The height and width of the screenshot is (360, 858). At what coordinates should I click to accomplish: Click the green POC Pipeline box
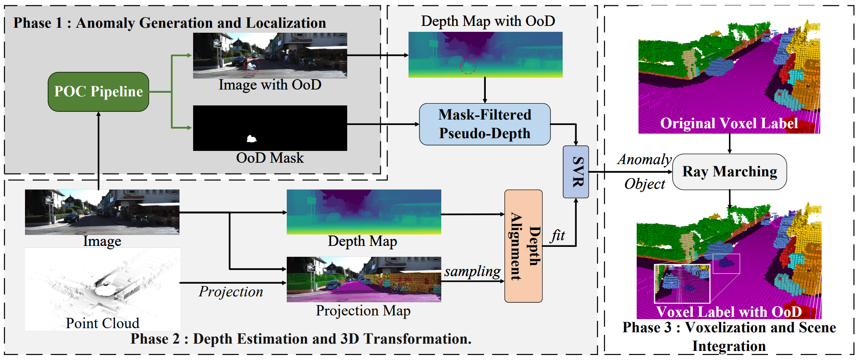click(x=98, y=92)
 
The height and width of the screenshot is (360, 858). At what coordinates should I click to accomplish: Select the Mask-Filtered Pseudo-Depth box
click(x=484, y=124)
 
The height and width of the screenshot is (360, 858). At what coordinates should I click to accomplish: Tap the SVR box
click(x=576, y=172)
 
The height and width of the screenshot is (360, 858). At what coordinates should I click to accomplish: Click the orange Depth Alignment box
click(x=524, y=246)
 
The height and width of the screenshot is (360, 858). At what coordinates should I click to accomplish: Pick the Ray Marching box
click(x=729, y=172)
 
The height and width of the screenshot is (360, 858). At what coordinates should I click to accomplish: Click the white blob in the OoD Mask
click(x=251, y=139)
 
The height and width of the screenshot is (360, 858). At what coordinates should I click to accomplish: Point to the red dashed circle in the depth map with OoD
click(x=468, y=66)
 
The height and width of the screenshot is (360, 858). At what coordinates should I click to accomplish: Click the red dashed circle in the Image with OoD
click(x=251, y=66)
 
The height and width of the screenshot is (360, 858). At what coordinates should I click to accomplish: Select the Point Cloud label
click(x=102, y=323)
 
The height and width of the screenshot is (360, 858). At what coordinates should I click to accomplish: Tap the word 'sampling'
click(x=472, y=271)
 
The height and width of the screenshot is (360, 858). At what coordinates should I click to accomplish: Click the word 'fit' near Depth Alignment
click(x=558, y=235)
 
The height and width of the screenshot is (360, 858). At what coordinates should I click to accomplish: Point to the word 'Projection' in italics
click(x=231, y=292)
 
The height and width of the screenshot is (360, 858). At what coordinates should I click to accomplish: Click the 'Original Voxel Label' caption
click(x=729, y=124)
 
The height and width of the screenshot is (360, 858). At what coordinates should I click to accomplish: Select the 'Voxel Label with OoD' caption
click(x=729, y=312)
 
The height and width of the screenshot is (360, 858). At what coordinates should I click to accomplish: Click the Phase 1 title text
click(x=170, y=23)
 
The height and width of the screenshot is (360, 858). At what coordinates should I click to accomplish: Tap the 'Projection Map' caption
click(x=363, y=311)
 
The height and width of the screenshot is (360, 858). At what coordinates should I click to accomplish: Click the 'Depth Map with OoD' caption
click(x=488, y=21)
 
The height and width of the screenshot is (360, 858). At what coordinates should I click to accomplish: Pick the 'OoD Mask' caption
click(x=270, y=158)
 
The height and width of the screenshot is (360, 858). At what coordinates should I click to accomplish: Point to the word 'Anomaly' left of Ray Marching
click(x=644, y=160)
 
